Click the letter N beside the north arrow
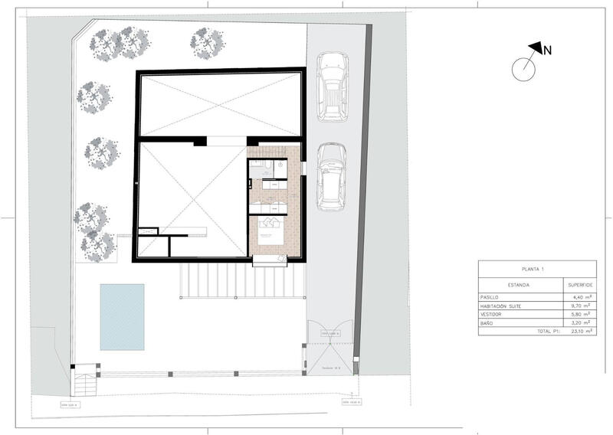click(x=548, y=51)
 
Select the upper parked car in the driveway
click(x=332, y=86)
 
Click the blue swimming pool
click(x=122, y=316)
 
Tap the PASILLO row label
click(x=491, y=296)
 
